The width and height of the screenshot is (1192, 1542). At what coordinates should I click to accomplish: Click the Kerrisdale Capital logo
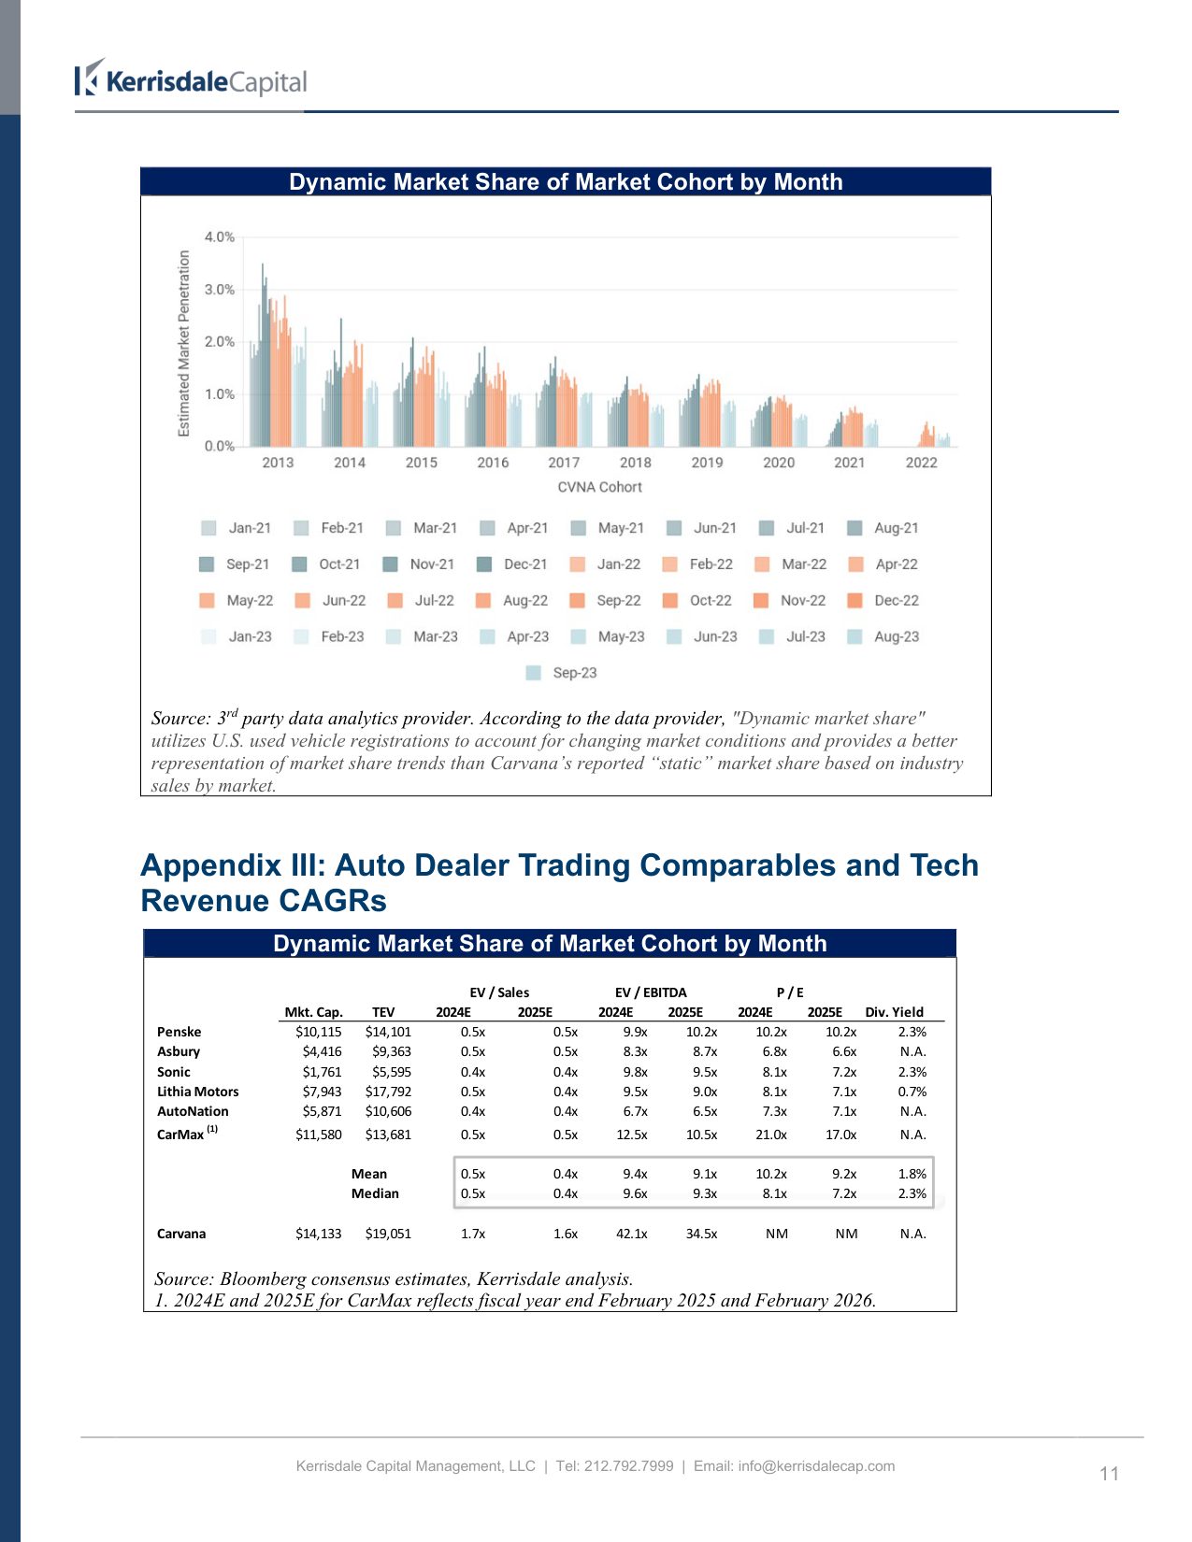coord(191,80)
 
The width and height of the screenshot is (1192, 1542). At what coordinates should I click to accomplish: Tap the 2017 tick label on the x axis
coord(564,463)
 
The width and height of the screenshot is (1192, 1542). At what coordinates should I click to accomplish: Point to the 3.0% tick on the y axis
coord(220,290)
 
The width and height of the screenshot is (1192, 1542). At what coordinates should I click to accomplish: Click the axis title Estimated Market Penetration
coord(184,343)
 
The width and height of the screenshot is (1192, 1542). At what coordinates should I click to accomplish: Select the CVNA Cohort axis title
coord(599,487)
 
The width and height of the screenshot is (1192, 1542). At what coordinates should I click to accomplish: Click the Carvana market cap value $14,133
coord(318,1234)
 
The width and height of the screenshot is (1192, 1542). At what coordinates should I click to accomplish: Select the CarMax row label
coord(180,1135)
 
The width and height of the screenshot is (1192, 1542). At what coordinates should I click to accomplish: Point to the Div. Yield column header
coord(894,1012)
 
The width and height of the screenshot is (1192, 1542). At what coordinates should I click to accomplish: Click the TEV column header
coord(383,1012)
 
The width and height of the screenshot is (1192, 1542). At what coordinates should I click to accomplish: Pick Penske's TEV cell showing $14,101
coord(388,1032)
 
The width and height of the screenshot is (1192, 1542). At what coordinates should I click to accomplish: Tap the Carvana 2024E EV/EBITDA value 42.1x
coord(631,1234)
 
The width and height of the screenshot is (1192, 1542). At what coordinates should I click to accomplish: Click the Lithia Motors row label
coord(197,1092)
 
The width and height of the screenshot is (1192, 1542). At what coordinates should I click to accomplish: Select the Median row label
coord(375,1193)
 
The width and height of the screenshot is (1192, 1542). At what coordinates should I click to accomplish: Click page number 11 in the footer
coord(1109,1474)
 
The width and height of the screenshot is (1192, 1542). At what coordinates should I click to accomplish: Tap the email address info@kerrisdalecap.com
coord(816,1466)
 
